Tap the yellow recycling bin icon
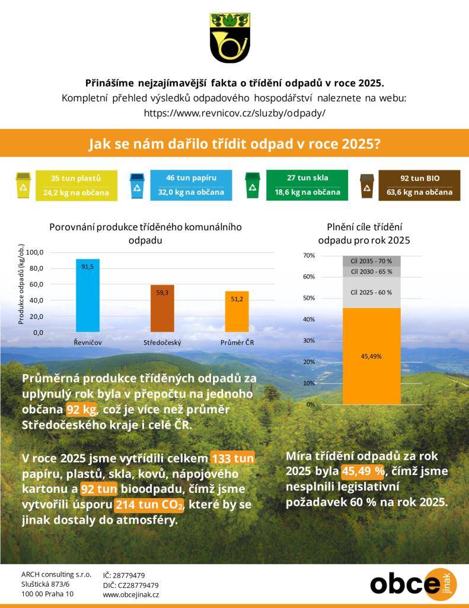pyautogui.click(x=23, y=185)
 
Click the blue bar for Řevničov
pyautogui.click(x=88, y=296)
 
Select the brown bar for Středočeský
pyautogui.click(x=162, y=308)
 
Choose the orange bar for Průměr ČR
pyautogui.click(x=237, y=312)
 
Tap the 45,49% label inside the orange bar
pyautogui.click(x=371, y=356)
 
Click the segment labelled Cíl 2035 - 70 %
pyautogui.click(x=371, y=261)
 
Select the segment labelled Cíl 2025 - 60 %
pyautogui.click(x=371, y=292)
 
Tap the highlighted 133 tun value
pyautogui.click(x=232, y=458)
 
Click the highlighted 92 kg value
pyautogui.click(x=81, y=410)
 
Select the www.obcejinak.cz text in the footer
pyautogui.click(x=131, y=594)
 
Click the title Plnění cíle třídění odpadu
pyautogui.click(x=364, y=234)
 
